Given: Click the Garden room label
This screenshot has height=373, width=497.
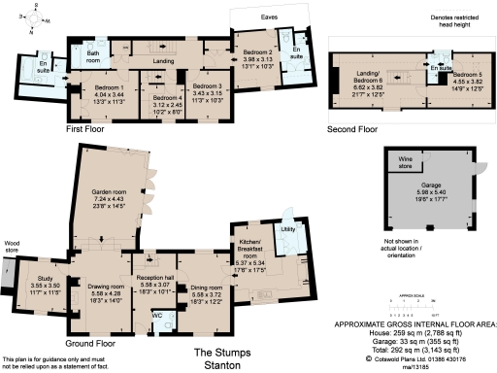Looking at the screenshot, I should click(x=102, y=192).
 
